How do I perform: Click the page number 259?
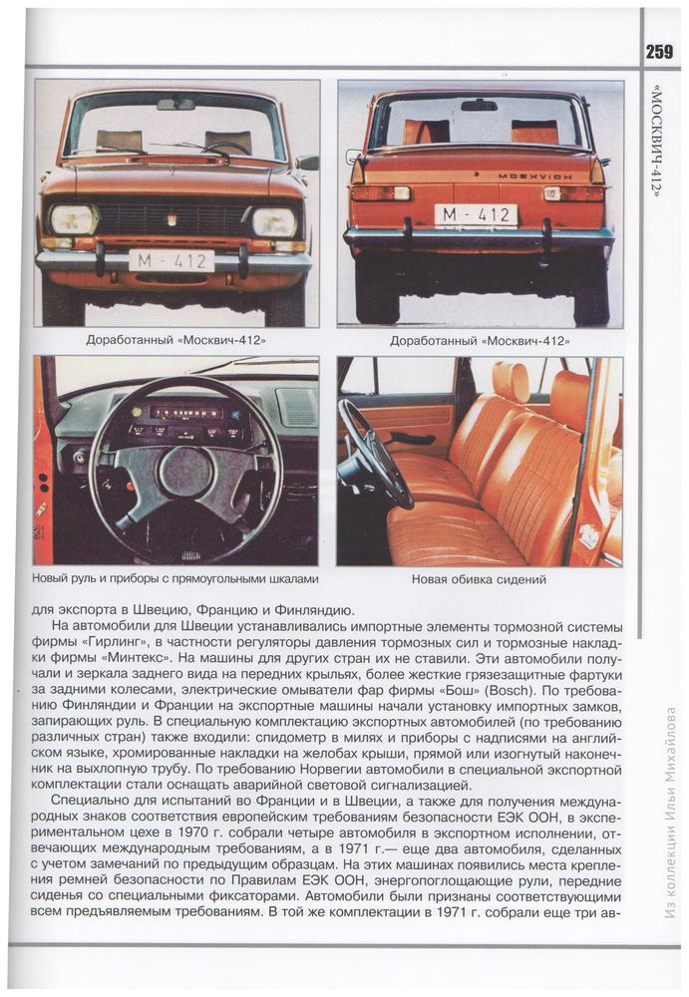point(658,52)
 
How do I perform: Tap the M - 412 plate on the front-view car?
point(172,261)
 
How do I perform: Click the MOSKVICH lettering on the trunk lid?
point(534,174)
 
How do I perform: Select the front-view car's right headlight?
point(272,221)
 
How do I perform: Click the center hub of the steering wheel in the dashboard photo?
point(185,472)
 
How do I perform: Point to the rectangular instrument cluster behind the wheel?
point(184,418)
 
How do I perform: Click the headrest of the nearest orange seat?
point(511,382)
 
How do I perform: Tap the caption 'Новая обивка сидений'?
point(480,579)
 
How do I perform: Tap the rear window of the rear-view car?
point(479,122)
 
